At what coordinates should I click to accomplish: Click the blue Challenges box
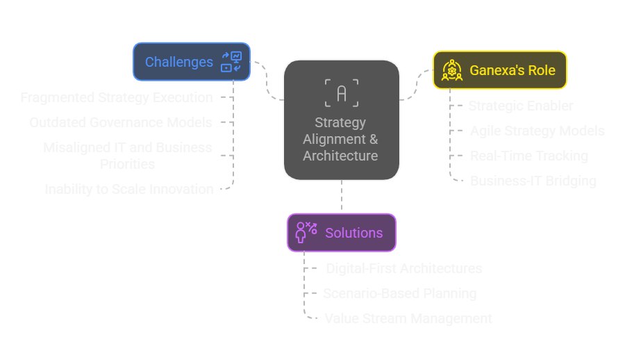pyautogui.click(x=179, y=62)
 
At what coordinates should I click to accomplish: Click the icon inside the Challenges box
pyautogui.click(x=231, y=62)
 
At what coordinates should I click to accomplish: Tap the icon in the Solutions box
pyautogui.click(x=306, y=232)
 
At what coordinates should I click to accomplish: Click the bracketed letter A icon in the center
pyautogui.click(x=341, y=93)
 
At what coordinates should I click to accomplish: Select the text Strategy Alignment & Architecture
pyautogui.click(x=340, y=139)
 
